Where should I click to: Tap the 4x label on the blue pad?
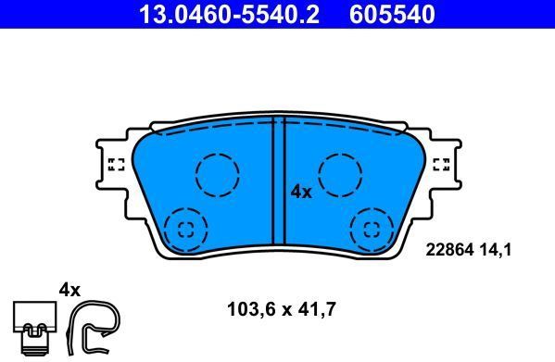[x=301, y=192]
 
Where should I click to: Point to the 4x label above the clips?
[x=70, y=289]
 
